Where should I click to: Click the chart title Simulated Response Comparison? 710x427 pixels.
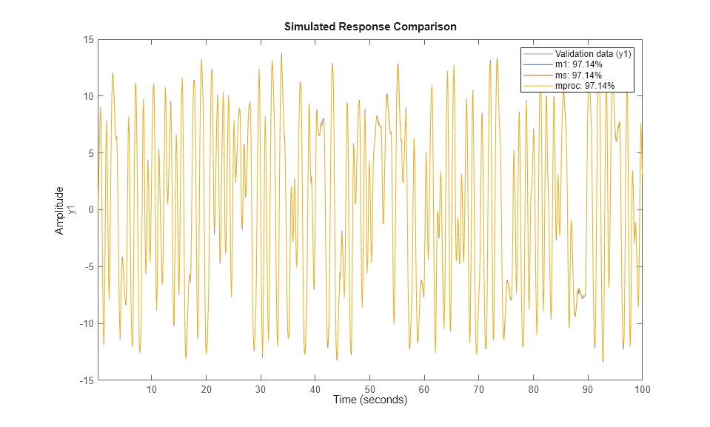pyautogui.click(x=369, y=27)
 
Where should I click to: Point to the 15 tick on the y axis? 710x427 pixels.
pyautogui.click(x=87, y=39)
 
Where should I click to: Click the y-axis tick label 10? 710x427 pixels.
pyautogui.click(x=87, y=96)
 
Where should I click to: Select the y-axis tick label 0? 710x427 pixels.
pyautogui.click(x=90, y=209)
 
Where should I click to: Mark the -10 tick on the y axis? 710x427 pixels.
pyautogui.click(x=86, y=323)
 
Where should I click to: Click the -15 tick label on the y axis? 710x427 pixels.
pyautogui.click(x=86, y=380)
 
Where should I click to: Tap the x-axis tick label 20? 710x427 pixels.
pyautogui.click(x=206, y=389)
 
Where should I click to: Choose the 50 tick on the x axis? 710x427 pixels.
pyautogui.click(x=369, y=389)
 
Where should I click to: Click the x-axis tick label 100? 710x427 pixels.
pyautogui.click(x=641, y=389)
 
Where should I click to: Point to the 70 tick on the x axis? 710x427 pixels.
pyautogui.click(x=478, y=389)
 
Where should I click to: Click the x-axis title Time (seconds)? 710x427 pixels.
pyautogui.click(x=369, y=400)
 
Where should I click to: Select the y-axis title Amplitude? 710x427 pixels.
pyautogui.click(x=60, y=210)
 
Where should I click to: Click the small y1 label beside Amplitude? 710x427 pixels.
pyautogui.click(x=71, y=210)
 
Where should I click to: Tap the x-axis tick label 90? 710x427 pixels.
pyautogui.click(x=587, y=389)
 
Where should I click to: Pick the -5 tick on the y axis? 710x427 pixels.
pyautogui.click(x=88, y=266)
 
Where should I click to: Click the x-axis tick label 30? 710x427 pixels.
pyautogui.click(x=261, y=389)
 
